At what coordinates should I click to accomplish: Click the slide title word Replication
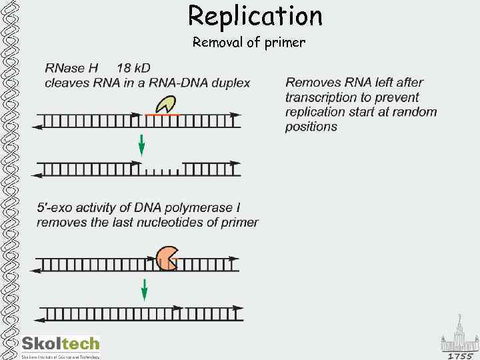(255, 16)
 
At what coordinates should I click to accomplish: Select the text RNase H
(71, 68)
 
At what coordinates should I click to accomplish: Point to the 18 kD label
(133, 68)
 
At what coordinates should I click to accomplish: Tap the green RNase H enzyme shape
(165, 103)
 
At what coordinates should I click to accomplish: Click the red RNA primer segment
(162, 115)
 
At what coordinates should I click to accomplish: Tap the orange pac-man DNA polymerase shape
(167, 258)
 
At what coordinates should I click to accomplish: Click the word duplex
(229, 83)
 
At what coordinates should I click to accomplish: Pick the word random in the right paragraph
(414, 112)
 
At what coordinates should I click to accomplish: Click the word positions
(311, 127)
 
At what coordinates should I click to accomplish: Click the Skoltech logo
(60, 345)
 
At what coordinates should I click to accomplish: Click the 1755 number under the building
(460, 356)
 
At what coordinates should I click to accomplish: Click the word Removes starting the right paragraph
(313, 83)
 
